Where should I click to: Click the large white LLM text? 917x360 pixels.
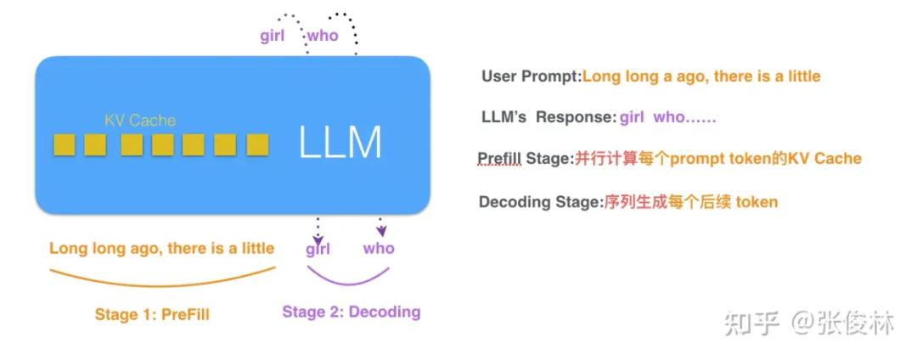click(340, 142)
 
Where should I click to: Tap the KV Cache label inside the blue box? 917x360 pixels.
click(140, 121)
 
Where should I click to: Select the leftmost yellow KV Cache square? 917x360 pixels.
click(64, 145)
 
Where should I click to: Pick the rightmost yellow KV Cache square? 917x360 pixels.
click(257, 145)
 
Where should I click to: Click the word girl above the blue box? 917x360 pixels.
click(272, 36)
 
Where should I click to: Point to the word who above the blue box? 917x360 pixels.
click(323, 36)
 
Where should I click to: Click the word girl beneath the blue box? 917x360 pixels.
click(318, 249)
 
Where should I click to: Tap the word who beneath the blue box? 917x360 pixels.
click(379, 249)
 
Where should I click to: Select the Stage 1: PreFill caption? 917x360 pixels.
click(152, 315)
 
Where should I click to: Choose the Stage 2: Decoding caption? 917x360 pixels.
click(352, 312)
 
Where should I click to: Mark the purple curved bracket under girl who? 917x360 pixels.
click(348, 278)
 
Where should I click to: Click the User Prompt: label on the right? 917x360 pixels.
click(531, 76)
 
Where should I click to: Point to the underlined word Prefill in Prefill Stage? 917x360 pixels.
click(499, 159)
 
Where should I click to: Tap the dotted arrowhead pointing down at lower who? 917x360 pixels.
click(382, 232)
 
